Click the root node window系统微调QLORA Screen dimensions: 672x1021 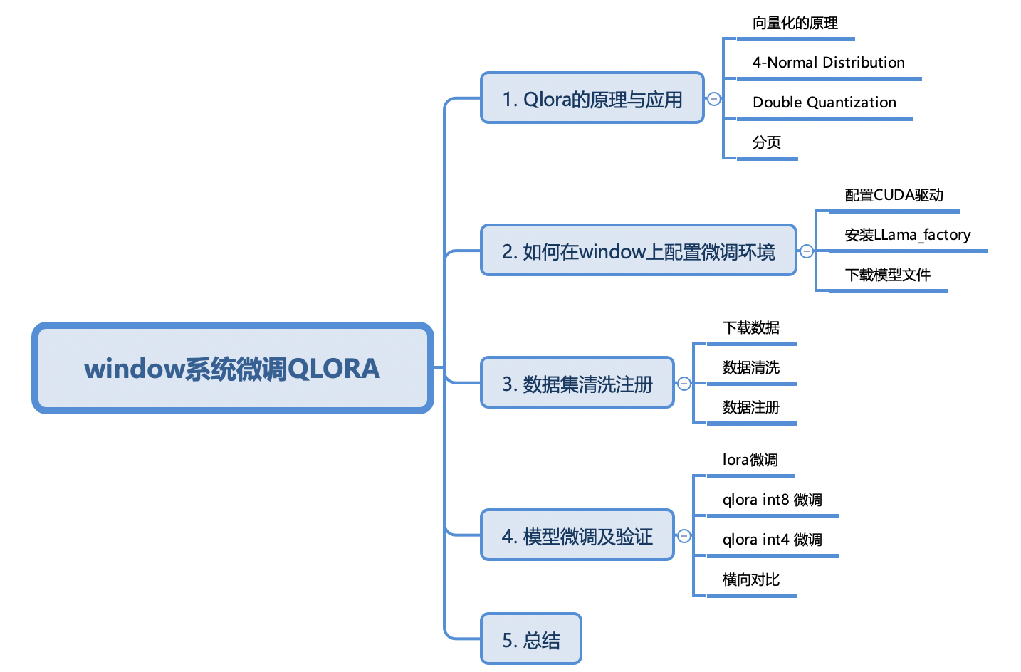pos(232,368)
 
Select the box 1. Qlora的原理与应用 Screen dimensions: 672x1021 pos(592,98)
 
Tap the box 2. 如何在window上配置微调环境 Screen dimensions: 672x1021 pos(638,251)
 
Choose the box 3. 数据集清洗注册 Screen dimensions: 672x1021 pos(577,383)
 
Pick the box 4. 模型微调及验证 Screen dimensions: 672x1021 pos(577,535)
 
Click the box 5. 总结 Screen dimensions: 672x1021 pos(531,639)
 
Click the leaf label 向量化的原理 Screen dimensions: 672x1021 pos(795,23)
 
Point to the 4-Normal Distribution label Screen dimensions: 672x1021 pos(828,63)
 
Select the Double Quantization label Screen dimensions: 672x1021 pos(824,103)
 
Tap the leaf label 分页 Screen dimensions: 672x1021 pos(766,142)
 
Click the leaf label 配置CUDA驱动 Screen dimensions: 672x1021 pos(894,195)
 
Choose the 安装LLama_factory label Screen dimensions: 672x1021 pos(907,235)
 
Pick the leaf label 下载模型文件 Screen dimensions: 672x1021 pos(887,275)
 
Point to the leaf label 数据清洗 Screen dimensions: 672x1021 pos(750,367)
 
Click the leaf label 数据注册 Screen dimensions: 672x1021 pos(750,407)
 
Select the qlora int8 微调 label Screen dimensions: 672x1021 pos(772,500)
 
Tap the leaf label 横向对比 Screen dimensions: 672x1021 pos(750,579)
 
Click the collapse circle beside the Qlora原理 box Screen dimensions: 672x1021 pos(713,99)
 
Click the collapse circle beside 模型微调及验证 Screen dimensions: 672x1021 pos(684,536)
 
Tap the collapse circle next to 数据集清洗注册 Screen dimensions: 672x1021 pos(684,384)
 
